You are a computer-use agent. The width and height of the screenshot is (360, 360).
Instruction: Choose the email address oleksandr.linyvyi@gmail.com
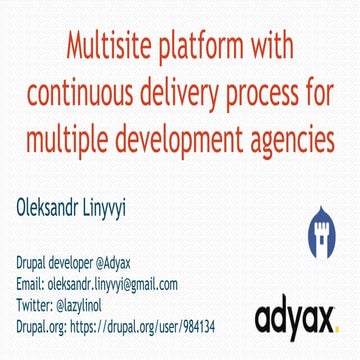pos(113,284)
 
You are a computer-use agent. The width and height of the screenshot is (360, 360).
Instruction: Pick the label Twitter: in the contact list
pos(36,305)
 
